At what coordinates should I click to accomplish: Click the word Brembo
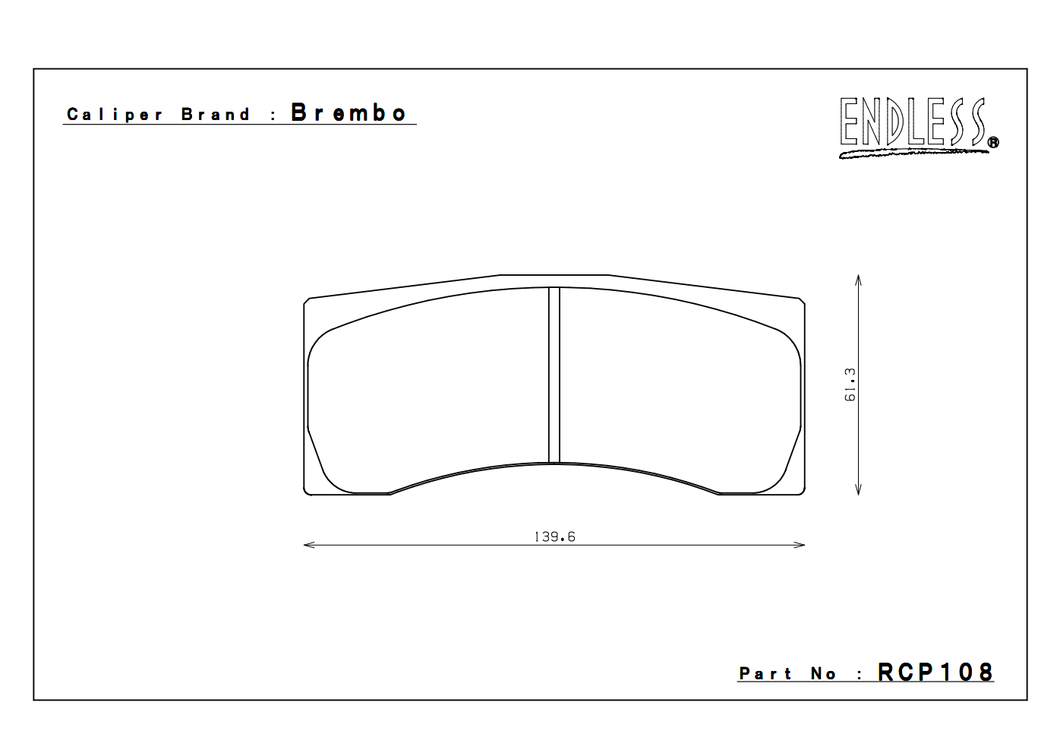349,113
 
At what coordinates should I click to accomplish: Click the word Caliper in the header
115,115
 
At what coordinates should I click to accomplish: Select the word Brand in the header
216,115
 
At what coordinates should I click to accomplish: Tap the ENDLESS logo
913,122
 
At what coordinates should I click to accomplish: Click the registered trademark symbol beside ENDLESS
993,142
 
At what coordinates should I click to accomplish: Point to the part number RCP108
935,672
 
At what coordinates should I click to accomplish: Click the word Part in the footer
765,674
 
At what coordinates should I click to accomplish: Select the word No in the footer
823,674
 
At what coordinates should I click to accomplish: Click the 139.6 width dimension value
554,536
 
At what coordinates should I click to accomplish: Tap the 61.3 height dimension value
850,385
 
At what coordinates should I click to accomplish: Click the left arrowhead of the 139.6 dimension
307,545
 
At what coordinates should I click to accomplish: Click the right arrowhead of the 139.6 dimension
801,545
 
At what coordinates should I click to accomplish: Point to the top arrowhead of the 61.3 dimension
858,279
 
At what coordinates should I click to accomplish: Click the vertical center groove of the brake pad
554,375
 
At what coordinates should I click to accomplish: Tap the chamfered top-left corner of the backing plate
307,302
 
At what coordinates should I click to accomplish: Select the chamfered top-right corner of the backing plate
801,302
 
